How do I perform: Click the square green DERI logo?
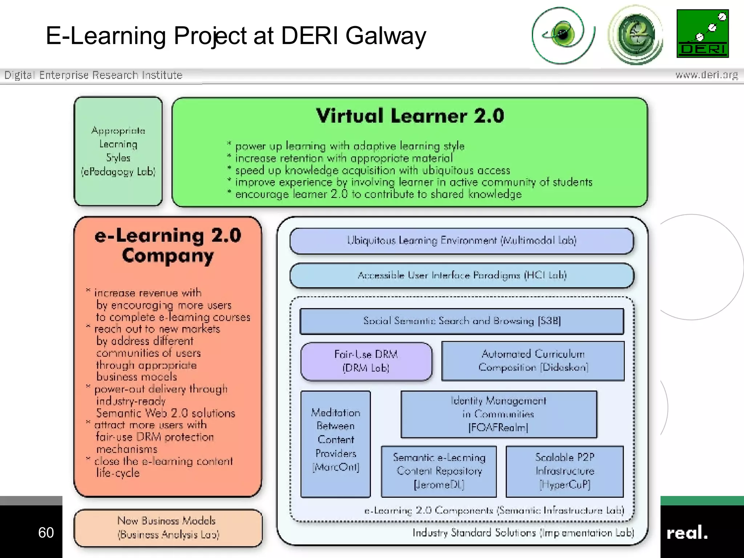[703, 33]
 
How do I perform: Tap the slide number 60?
[46, 533]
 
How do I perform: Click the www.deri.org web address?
[706, 75]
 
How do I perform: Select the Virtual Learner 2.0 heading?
[410, 116]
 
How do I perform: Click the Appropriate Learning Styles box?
[118, 151]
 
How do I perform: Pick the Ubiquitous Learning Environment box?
[461, 241]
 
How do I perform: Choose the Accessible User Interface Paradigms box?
[461, 276]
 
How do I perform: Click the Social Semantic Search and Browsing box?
[461, 321]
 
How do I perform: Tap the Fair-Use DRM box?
[366, 361]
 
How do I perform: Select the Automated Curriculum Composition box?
[533, 361]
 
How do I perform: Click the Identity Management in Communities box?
[498, 414]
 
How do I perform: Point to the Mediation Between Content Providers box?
[336, 444]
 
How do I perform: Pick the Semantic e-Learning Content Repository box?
[439, 471]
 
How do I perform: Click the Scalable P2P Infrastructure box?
[565, 471]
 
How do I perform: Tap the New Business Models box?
[168, 528]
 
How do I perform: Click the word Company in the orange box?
[168, 256]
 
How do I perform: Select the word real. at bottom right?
[687, 533]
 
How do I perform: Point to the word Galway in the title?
[385, 36]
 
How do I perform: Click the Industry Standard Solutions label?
[523, 533]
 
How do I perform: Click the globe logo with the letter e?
[635, 35]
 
